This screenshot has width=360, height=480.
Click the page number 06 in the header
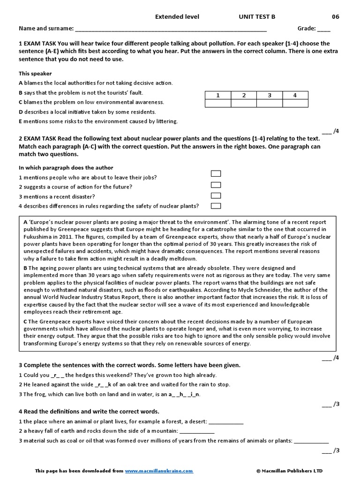coord(336,17)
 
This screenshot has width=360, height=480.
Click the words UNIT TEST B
coord(257,17)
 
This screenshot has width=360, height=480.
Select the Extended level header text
coord(177,17)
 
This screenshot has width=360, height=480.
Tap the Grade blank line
coord(323,29)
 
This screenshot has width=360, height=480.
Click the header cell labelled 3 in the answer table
coord(270,96)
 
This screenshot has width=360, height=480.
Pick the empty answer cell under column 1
coord(218,104)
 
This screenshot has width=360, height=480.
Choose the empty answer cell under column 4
coord(295,104)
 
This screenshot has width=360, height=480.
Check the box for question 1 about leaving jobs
coord(216,174)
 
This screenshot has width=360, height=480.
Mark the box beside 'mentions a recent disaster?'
coord(216,195)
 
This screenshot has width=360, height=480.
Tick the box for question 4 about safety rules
coord(216,206)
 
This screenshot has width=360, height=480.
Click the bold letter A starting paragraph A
coord(25,222)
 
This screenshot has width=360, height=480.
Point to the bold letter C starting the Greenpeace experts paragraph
coord(25,322)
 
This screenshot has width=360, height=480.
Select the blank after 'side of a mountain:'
coord(197,431)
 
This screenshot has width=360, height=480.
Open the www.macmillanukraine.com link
coord(159,471)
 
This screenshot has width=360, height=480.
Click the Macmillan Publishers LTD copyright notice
coord(289,471)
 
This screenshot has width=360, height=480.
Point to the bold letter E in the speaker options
coord(21,121)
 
